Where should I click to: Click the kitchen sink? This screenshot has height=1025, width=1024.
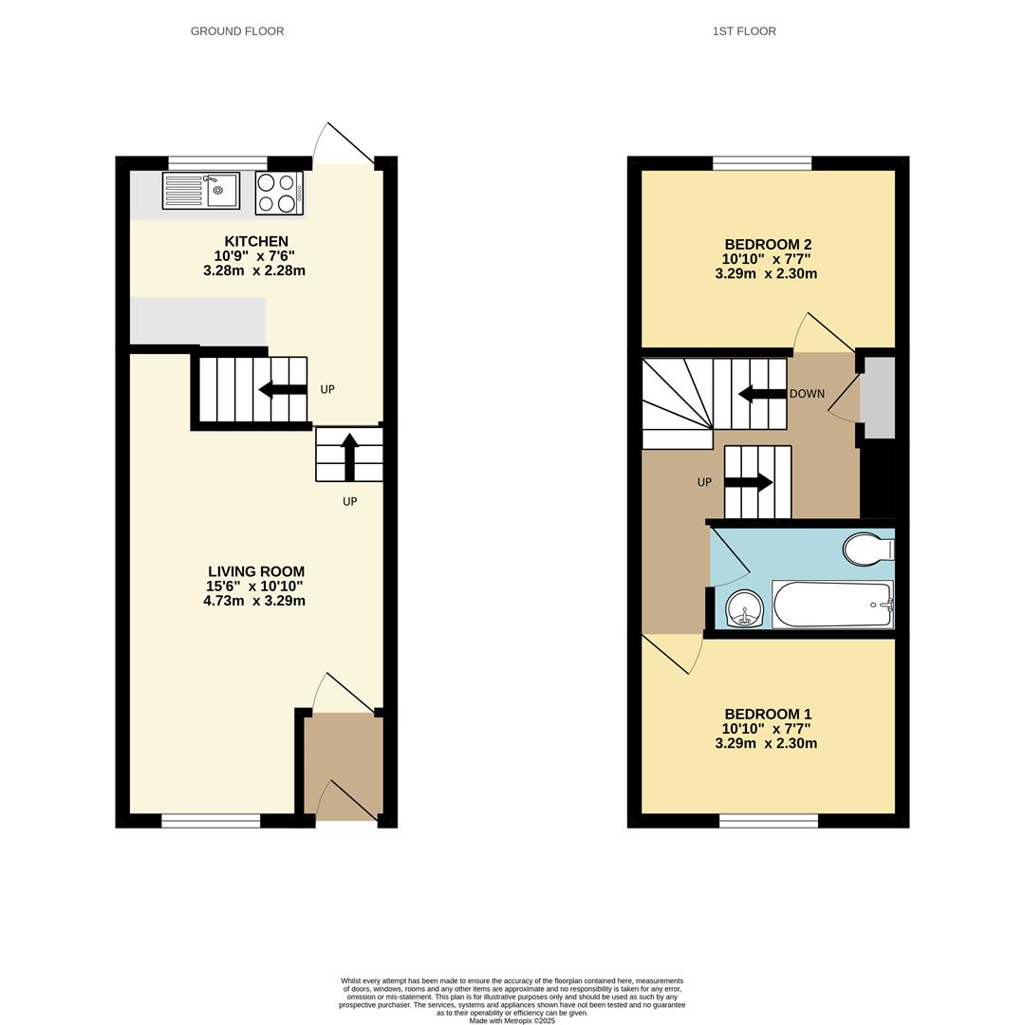pyautogui.click(x=200, y=191)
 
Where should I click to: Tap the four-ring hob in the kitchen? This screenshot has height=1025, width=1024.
pyautogui.click(x=278, y=194)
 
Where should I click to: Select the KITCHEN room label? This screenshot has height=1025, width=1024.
pyautogui.click(x=256, y=242)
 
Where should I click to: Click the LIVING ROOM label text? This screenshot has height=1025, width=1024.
pyautogui.click(x=256, y=571)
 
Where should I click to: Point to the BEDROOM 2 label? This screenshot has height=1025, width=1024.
pyautogui.click(x=767, y=245)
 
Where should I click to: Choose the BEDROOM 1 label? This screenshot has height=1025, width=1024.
pyautogui.click(x=767, y=715)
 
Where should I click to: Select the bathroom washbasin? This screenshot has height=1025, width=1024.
pyautogui.click(x=745, y=607)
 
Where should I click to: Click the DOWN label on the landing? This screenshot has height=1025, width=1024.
pyautogui.click(x=807, y=394)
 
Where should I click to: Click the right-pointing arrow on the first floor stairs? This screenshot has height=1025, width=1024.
pyautogui.click(x=749, y=482)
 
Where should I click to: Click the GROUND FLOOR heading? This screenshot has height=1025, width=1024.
pyautogui.click(x=237, y=31)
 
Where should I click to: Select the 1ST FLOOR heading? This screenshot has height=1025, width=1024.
pyautogui.click(x=744, y=31)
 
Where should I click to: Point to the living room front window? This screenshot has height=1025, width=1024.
pyautogui.click(x=211, y=821)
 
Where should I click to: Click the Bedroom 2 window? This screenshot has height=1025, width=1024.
pyautogui.click(x=762, y=163)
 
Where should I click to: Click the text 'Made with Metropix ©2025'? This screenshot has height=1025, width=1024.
pyautogui.click(x=512, y=1020)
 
